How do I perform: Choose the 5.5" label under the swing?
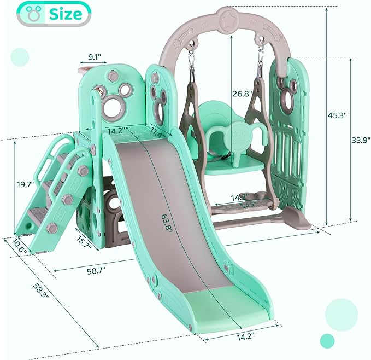(250, 205)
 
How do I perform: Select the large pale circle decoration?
(341, 314)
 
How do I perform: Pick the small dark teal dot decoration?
(327, 340)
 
